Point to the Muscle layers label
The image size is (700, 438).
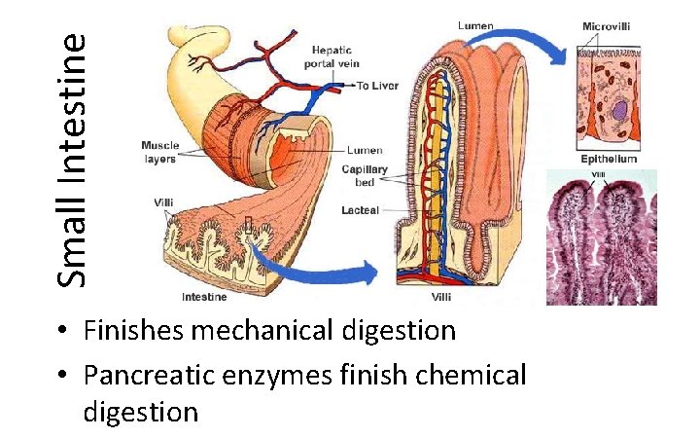coord(160,152)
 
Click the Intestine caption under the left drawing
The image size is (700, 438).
coord(206,296)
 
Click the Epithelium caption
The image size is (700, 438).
coord(609,158)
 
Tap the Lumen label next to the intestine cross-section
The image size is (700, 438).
coord(365,150)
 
